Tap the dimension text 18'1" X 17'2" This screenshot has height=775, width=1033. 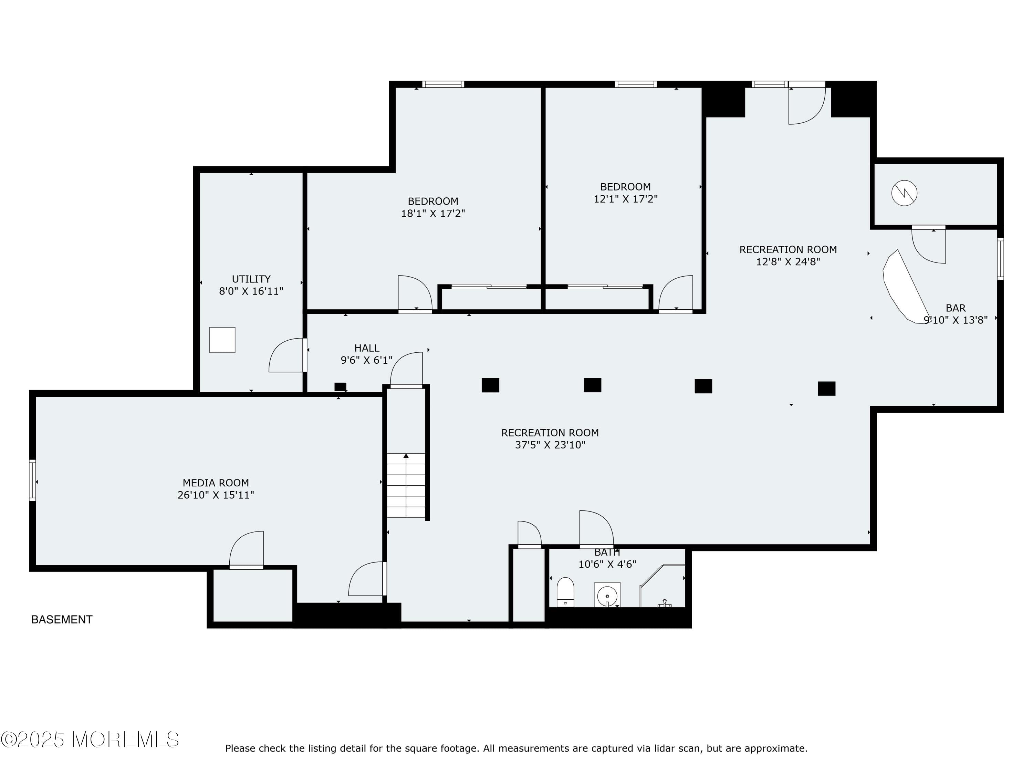(x=432, y=214)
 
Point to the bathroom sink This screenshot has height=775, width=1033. (x=607, y=595)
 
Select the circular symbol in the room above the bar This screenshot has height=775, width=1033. (x=904, y=193)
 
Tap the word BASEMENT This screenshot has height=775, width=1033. (x=62, y=619)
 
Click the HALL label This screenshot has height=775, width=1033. (x=367, y=348)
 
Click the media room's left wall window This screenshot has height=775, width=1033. (x=32, y=480)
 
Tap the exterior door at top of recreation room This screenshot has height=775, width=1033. (x=806, y=105)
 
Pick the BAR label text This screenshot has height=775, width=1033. (x=955, y=308)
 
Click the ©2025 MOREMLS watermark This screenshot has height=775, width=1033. (x=90, y=740)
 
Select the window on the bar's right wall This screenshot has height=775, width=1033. (x=1000, y=258)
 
